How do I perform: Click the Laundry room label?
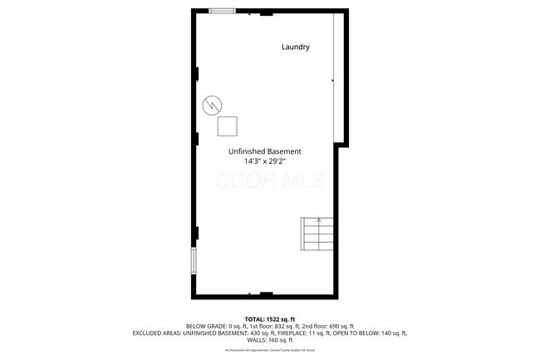click(x=294, y=47)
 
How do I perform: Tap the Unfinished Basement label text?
click(x=265, y=151)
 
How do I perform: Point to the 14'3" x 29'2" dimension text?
click(x=265, y=162)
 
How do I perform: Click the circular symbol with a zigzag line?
click(x=213, y=105)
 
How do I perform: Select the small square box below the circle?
click(x=228, y=126)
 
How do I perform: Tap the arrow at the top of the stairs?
click(x=319, y=221)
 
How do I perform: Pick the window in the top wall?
click(x=222, y=11)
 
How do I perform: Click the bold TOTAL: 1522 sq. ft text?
click(x=269, y=319)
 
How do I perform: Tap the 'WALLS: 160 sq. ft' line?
click(x=269, y=340)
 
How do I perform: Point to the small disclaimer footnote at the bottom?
click(x=269, y=350)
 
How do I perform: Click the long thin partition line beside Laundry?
click(x=335, y=79)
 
